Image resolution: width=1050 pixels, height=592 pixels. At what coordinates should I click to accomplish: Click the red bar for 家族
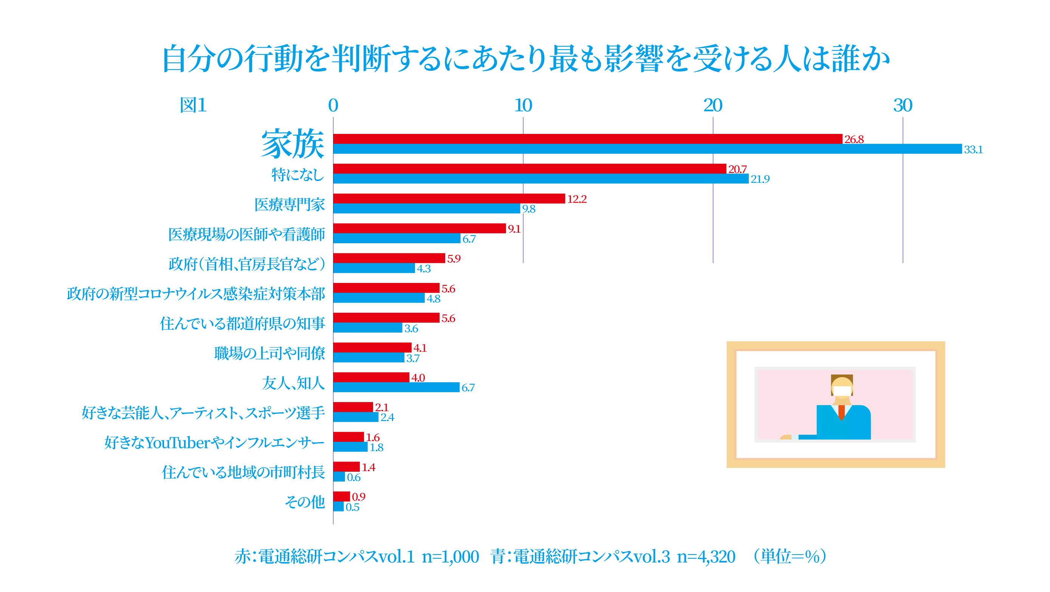pyautogui.click(x=587, y=139)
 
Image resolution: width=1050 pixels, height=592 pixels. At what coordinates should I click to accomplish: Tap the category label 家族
pyautogui.click(x=293, y=144)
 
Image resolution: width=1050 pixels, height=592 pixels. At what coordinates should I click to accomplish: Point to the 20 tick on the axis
pyautogui.click(x=712, y=106)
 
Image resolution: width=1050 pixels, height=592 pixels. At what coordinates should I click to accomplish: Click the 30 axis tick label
pyautogui.click(x=903, y=106)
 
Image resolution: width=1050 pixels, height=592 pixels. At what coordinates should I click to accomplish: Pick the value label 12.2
pyautogui.click(x=577, y=199)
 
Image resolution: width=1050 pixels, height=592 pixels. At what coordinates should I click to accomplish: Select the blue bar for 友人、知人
pyautogui.click(x=396, y=387)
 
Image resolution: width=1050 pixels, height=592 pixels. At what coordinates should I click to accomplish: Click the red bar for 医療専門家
pyautogui.click(x=449, y=199)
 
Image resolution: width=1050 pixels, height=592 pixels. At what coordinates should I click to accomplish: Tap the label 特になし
pyautogui.click(x=297, y=175)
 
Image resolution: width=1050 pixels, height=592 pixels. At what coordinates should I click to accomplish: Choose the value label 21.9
pyautogui.click(x=760, y=179)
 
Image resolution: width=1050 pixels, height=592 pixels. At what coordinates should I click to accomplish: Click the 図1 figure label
pyautogui.click(x=193, y=105)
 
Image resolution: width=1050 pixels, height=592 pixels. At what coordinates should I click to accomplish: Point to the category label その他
pyautogui.click(x=305, y=502)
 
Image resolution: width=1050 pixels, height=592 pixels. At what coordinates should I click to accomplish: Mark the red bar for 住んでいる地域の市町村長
pyautogui.click(x=346, y=467)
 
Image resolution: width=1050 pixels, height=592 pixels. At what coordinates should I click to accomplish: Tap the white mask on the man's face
pyautogui.click(x=842, y=391)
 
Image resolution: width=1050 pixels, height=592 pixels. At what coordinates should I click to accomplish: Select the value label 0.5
pyautogui.click(x=353, y=507)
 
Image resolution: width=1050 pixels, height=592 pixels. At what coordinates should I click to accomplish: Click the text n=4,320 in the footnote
pyautogui.click(x=706, y=557)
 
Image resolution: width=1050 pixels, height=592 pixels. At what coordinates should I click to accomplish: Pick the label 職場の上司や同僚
pyautogui.click(x=269, y=353)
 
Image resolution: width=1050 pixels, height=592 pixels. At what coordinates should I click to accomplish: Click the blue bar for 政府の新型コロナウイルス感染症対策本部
pyautogui.click(x=379, y=298)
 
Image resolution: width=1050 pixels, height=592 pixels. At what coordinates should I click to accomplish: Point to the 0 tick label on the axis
pyautogui.click(x=333, y=106)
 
